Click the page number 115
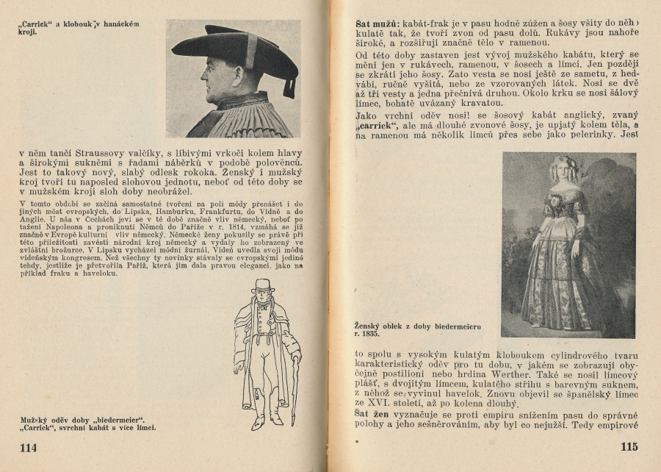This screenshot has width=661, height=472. (x=629, y=447)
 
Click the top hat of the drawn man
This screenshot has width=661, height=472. (x=261, y=285)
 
